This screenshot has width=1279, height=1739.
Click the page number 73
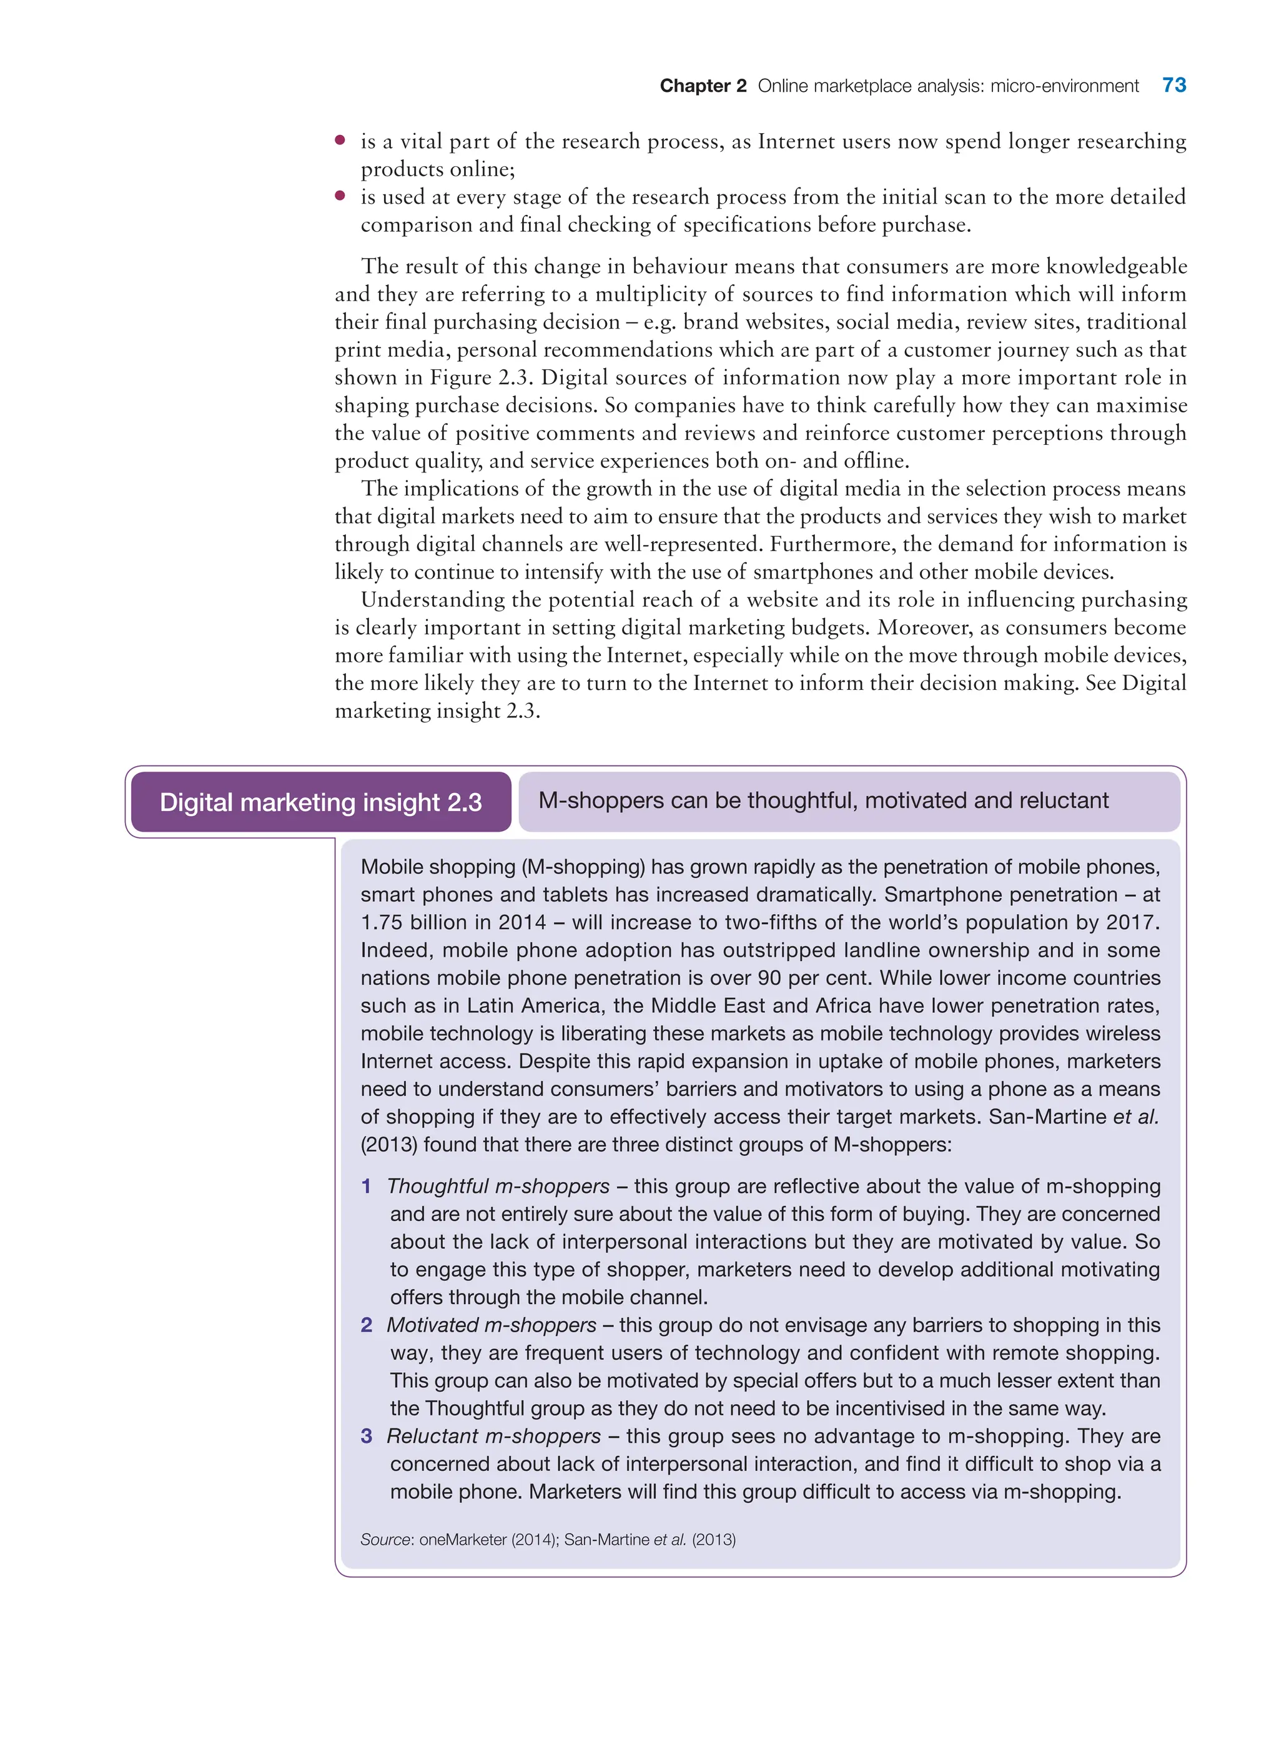pyautogui.click(x=1173, y=85)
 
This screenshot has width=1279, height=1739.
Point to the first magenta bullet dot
pyautogui.click(x=340, y=140)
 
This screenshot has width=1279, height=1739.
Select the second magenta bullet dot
pyautogui.click(x=340, y=196)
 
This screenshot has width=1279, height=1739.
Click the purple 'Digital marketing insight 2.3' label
pyautogui.click(x=320, y=802)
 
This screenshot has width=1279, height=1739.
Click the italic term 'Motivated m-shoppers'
pyautogui.click(x=491, y=1325)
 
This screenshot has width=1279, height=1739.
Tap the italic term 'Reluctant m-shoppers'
pyautogui.click(x=493, y=1436)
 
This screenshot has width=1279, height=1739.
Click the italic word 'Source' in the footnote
pyautogui.click(x=385, y=1540)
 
